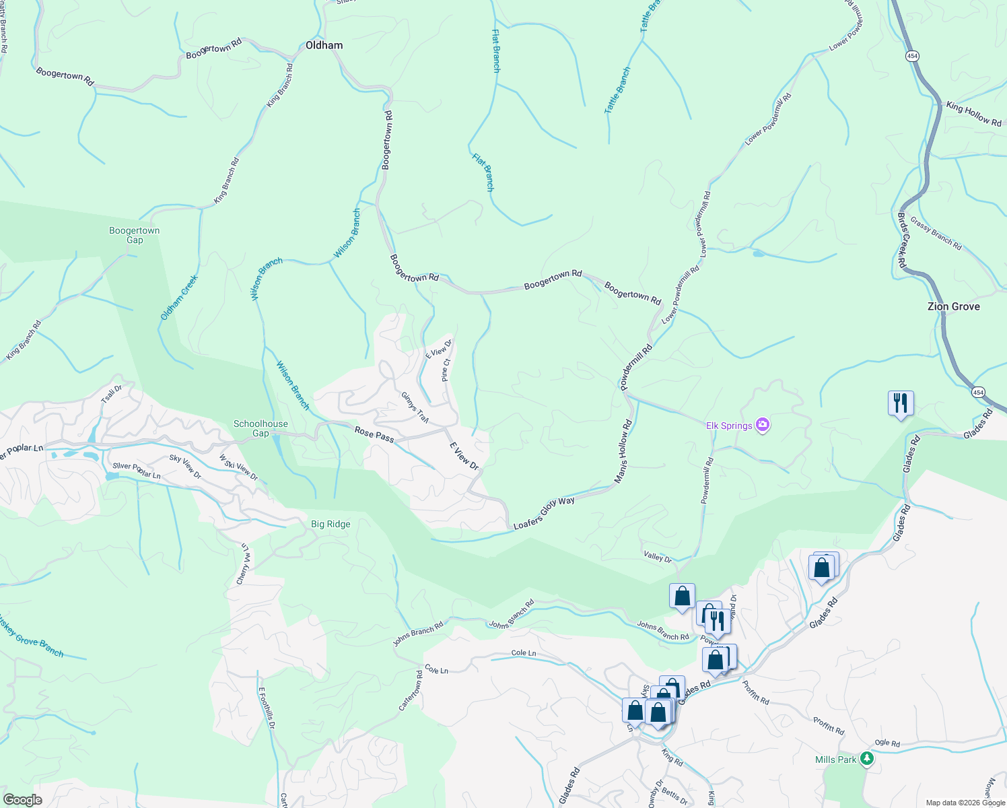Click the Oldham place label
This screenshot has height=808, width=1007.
point(324,45)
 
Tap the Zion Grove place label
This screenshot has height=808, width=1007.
point(953,306)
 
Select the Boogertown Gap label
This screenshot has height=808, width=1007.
point(135,235)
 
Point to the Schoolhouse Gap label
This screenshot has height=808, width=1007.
point(261,428)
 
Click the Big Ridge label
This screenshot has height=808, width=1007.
point(331,524)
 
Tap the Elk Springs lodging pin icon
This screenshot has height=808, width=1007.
point(763,425)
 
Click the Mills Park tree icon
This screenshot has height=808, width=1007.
point(867,760)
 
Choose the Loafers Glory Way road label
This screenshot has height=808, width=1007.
point(544,512)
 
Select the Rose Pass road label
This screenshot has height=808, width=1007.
point(374,435)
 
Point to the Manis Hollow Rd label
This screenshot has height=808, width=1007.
point(623,451)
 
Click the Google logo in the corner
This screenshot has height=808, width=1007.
point(22,800)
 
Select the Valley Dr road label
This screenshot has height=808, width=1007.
point(658,556)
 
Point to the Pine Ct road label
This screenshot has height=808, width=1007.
point(445,370)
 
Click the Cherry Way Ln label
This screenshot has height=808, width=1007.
point(244,564)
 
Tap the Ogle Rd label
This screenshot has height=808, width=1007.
point(887,743)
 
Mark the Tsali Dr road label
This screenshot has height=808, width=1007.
point(112,394)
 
